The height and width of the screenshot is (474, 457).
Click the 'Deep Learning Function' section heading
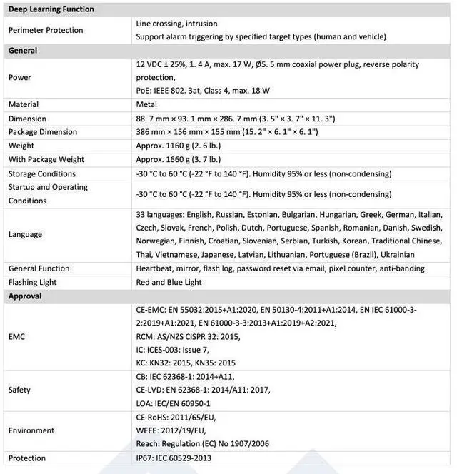tap(51, 9)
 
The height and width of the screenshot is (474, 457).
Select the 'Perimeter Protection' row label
tap(46, 30)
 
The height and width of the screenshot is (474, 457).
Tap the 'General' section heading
tap(23, 51)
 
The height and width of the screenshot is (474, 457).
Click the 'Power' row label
tap(20, 77)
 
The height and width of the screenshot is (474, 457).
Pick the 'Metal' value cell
tap(146, 104)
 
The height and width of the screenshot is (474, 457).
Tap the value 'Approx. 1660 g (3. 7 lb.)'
tap(178, 159)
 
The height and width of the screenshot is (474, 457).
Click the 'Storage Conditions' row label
tap(42, 173)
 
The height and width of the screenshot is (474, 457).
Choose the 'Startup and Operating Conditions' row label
tap(48, 193)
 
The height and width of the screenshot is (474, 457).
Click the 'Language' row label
tap(25, 234)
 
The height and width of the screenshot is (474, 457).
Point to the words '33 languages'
tap(160, 214)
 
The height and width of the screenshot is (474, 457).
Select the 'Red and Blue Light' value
tap(169, 282)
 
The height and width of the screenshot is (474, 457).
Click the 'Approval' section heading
tap(25, 296)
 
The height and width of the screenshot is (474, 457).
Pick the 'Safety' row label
tap(19, 390)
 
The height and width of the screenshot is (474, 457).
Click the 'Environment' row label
tap(31, 430)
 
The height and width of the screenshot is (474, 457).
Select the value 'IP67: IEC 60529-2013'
tap(174, 458)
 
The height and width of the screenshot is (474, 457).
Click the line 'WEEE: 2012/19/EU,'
tap(171, 430)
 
